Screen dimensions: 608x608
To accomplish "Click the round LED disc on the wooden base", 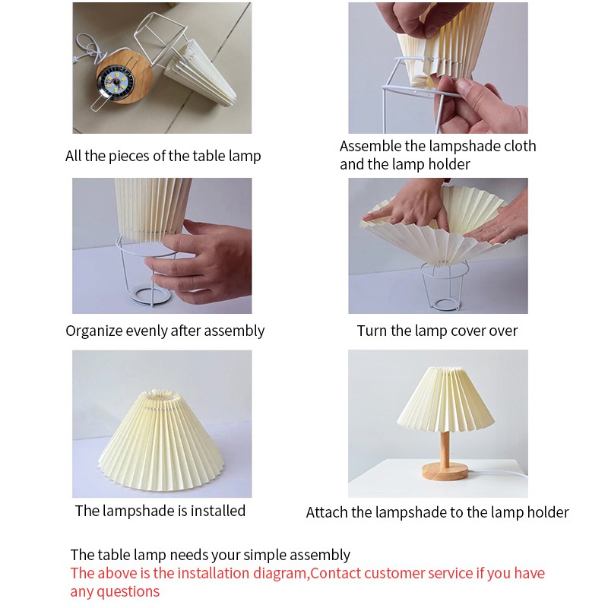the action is pyautogui.click(x=112, y=84).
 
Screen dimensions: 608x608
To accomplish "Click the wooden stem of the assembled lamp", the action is pyautogui.click(x=445, y=448).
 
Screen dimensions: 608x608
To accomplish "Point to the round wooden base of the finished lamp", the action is pyautogui.click(x=445, y=471).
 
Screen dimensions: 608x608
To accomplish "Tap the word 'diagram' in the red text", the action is pyautogui.click(x=280, y=574).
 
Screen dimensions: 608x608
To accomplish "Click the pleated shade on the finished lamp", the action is pyautogui.click(x=445, y=401).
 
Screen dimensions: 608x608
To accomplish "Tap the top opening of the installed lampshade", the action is pyautogui.click(x=161, y=396).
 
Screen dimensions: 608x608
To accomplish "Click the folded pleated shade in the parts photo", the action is pyautogui.click(x=200, y=72).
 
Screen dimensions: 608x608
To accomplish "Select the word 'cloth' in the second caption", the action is pyautogui.click(x=520, y=146).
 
